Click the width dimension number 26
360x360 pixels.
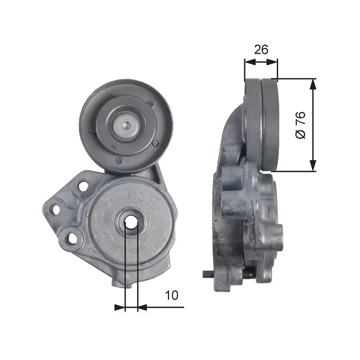click(261, 49)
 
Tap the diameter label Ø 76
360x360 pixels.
click(300, 125)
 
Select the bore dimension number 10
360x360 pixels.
click(171, 295)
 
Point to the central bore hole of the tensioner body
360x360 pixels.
click(131, 221)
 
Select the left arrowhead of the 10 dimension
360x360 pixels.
click(120, 307)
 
